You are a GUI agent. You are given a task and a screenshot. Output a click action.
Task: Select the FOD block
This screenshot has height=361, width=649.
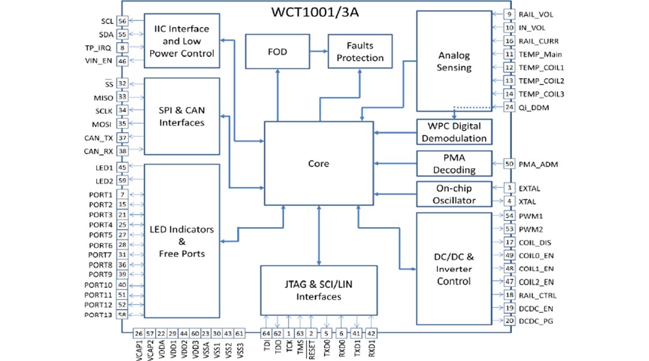point(276,52)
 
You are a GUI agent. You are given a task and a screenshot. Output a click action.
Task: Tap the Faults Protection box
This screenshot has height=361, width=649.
point(360,52)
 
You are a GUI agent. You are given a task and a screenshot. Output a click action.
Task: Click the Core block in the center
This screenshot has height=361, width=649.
point(318,163)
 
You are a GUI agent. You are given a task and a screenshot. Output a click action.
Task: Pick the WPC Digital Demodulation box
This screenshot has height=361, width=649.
point(454,132)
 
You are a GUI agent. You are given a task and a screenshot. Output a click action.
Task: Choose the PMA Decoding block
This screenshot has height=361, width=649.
point(454,164)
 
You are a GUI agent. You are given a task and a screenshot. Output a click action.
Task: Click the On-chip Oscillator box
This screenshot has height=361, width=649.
point(454,195)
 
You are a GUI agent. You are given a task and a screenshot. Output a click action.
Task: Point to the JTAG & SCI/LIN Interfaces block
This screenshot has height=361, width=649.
point(318,291)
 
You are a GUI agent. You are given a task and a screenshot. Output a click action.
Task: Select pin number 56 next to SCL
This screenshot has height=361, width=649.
point(123,21)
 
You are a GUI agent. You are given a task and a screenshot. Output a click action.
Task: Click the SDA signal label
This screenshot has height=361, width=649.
point(106,34)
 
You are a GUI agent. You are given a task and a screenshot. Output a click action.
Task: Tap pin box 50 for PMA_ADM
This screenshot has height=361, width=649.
point(509,163)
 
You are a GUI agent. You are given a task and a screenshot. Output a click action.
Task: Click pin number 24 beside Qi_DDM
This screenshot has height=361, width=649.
point(509,107)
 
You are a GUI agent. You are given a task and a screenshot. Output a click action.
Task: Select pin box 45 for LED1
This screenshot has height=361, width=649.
point(123,168)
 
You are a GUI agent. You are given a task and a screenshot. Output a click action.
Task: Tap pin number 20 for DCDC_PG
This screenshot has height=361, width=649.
point(509,321)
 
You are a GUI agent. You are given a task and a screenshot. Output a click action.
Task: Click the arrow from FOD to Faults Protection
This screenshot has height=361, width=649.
point(317,52)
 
